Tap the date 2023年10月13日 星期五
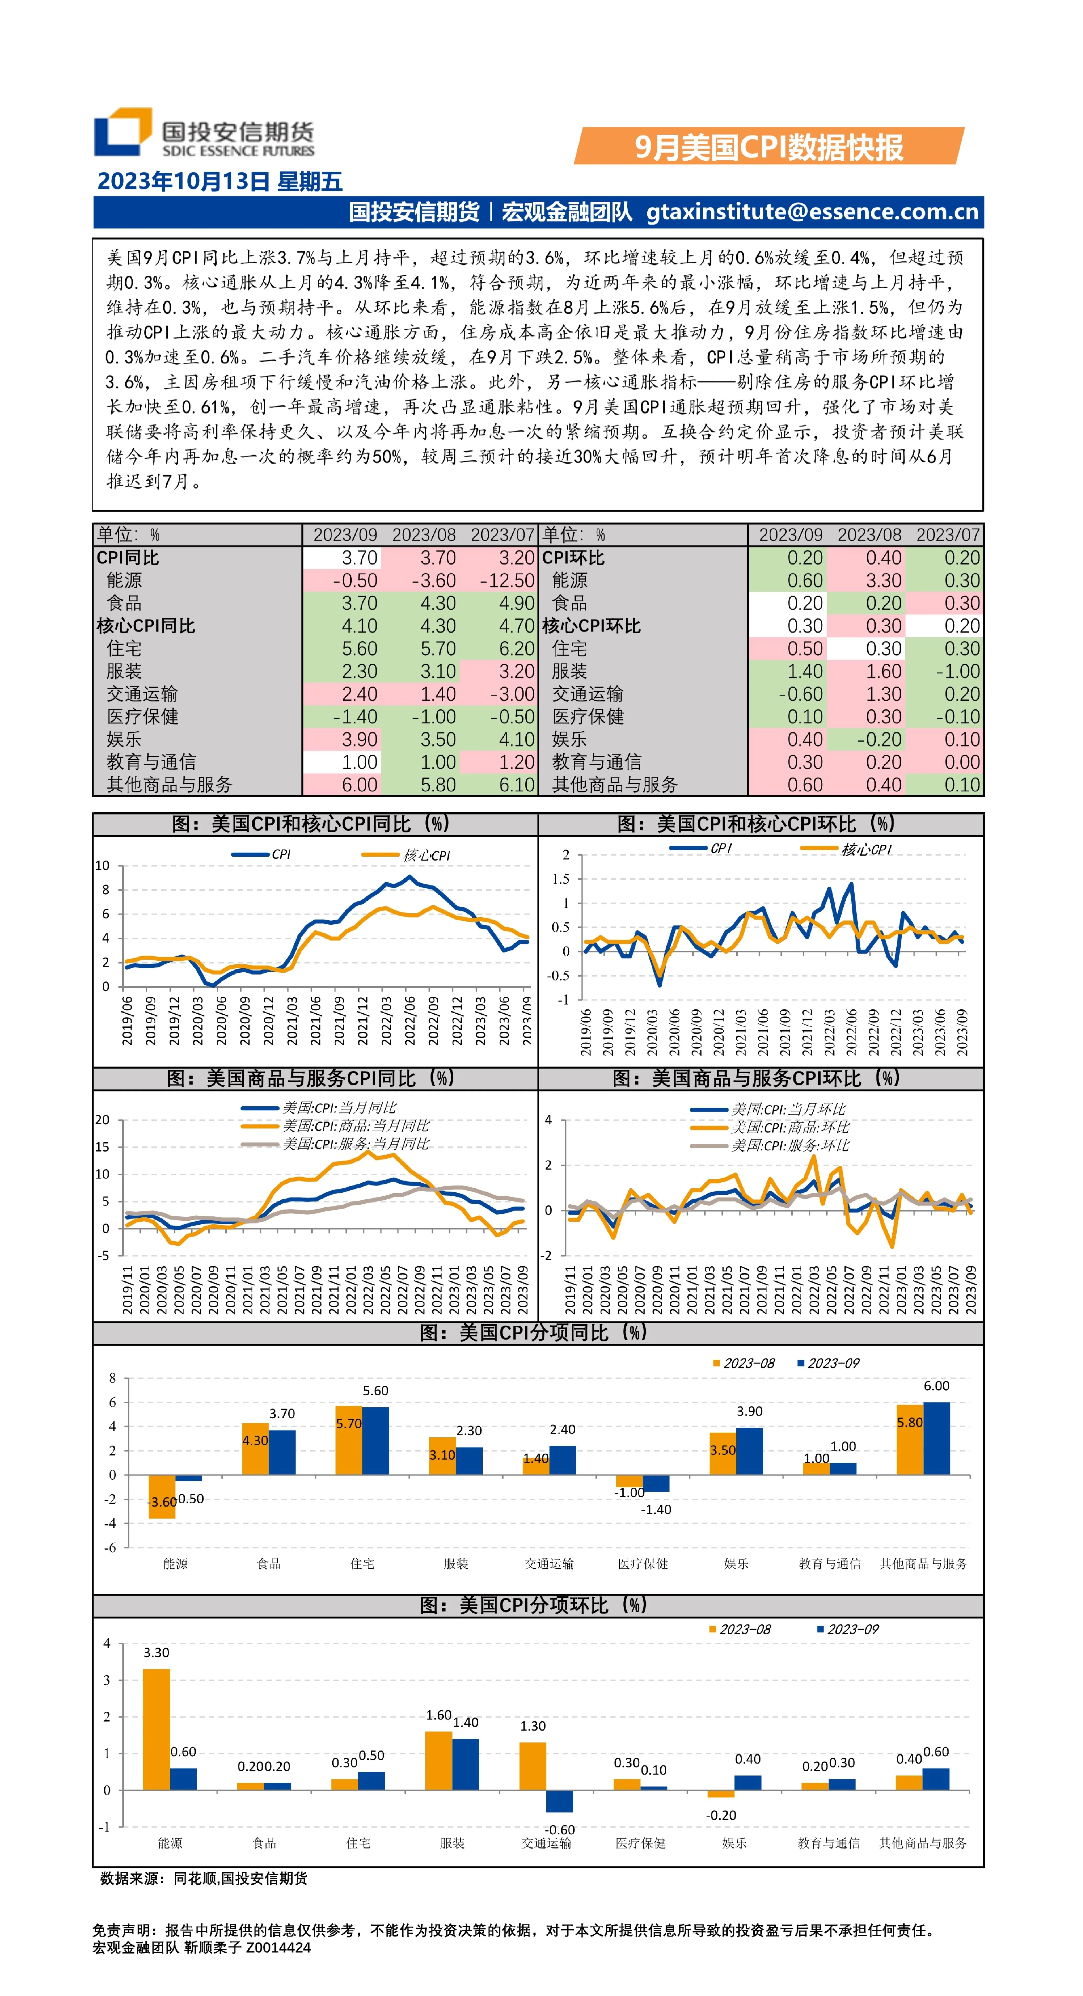point(220,181)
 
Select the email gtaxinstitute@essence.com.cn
point(813,211)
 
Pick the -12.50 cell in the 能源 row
point(507,580)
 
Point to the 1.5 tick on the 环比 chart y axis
point(561,879)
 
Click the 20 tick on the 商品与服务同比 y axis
point(102,1120)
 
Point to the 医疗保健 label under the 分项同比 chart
point(643,1564)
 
